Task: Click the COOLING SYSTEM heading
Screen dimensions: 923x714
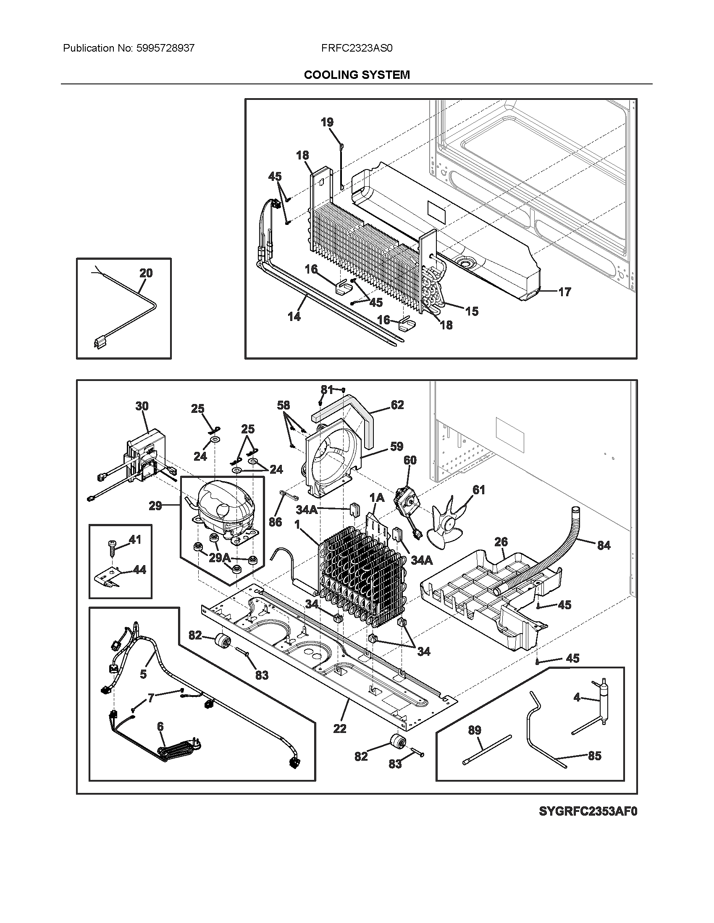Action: pyautogui.click(x=357, y=75)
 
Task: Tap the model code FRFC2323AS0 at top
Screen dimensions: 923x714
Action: pyautogui.click(x=357, y=48)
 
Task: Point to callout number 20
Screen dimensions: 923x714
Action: pyautogui.click(x=146, y=273)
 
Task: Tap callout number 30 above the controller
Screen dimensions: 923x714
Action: pyautogui.click(x=142, y=406)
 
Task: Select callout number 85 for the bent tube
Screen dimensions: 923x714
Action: pyautogui.click(x=594, y=756)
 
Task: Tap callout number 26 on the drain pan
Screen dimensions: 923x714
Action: pyautogui.click(x=501, y=542)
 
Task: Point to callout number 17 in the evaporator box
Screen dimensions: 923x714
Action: pyautogui.click(x=564, y=292)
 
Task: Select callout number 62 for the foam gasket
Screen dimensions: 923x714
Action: pyautogui.click(x=397, y=405)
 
